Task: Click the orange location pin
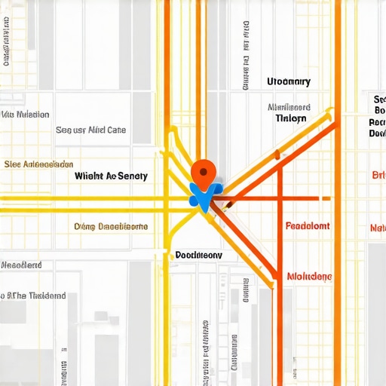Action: (x=202, y=172)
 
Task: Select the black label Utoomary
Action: (x=289, y=81)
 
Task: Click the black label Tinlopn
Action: (x=291, y=118)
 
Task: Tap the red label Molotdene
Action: (x=309, y=277)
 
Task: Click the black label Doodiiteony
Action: (x=198, y=255)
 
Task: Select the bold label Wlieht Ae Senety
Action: (x=112, y=176)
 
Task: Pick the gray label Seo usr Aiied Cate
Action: (x=91, y=130)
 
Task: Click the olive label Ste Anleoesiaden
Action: (x=38, y=164)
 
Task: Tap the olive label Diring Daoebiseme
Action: (x=111, y=226)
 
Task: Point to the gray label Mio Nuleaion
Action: (x=26, y=115)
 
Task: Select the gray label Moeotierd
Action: (x=21, y=265)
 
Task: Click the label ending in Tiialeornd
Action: (x=33, y=296)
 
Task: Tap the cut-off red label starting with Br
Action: (x=378, y=175)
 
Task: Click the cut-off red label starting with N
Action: (x=378, y=228)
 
